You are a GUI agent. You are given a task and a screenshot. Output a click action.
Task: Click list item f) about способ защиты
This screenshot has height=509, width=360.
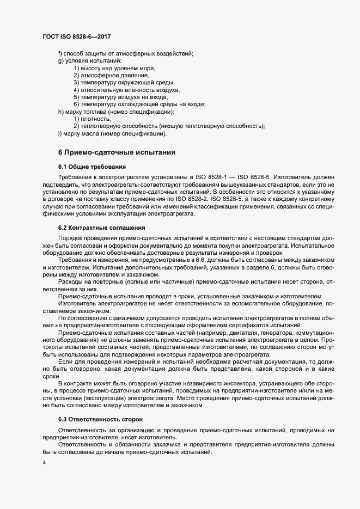point(125,53)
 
